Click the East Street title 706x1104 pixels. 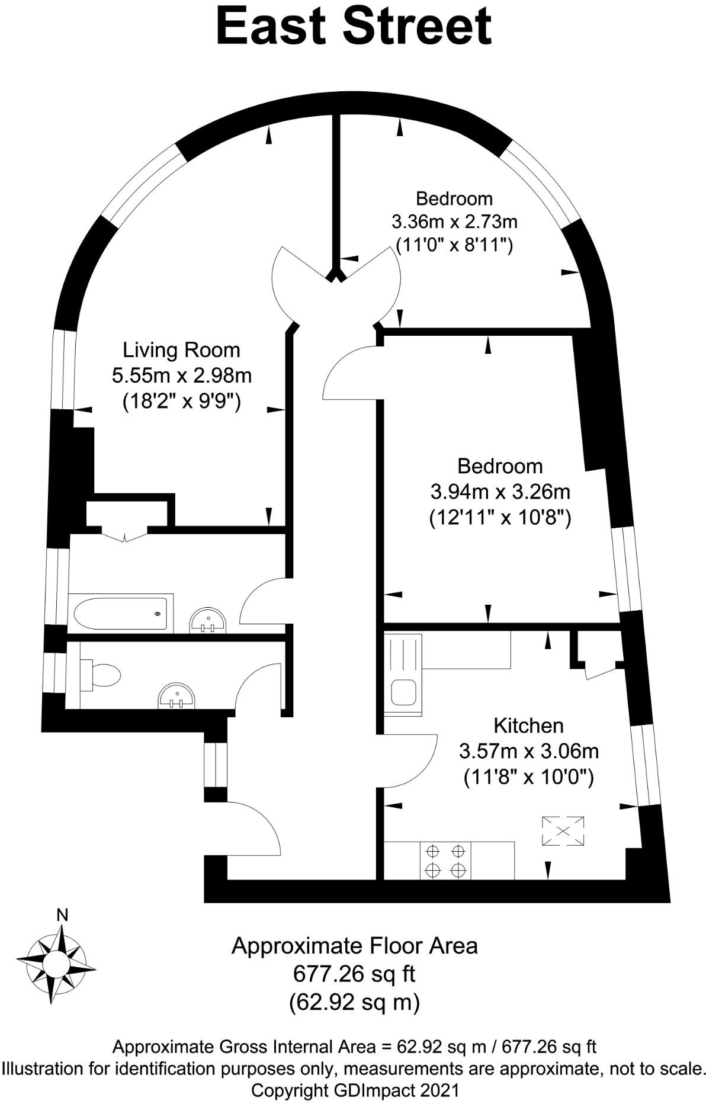coord(354,27)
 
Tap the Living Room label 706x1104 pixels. coord(181,350)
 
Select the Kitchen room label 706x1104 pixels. coord(528,726)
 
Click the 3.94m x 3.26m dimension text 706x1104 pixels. coord(500,492)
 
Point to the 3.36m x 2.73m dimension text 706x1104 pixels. coord(454,222)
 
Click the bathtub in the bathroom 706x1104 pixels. coord(121,614)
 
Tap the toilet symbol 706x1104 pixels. coord(100,675)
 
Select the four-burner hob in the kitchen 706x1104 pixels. coord(445,861)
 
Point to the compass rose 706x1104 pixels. coord(56,959)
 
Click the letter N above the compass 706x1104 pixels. coord(62,915)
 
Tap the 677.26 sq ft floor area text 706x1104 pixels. coord(354,973)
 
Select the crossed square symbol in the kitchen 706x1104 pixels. coord(563,831)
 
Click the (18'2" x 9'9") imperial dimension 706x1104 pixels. coord(181,402)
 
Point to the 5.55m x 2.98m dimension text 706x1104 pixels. coord(181,376)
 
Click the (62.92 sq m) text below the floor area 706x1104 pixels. coord(354,1002)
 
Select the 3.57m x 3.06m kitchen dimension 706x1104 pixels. coord(529,752)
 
